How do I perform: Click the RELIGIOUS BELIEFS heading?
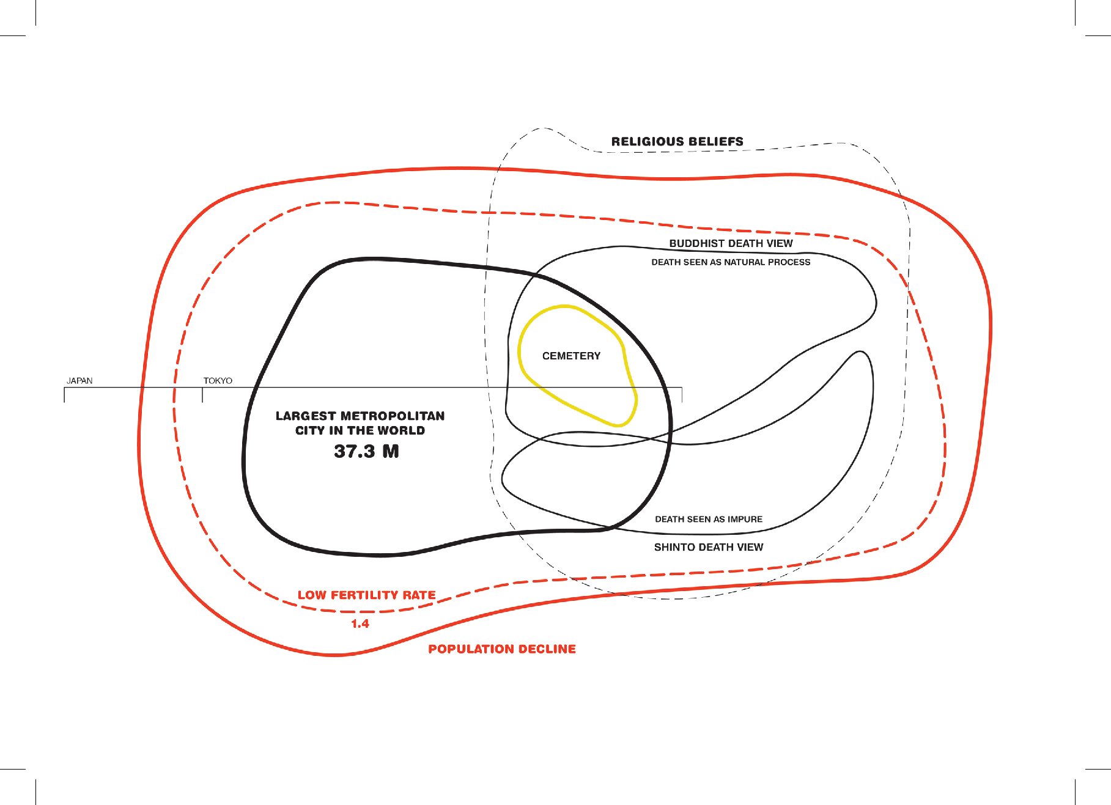[677, 142]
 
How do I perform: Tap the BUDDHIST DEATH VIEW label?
[731, 243]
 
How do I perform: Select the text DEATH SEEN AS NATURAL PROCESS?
[731, 262]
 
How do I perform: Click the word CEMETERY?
[571, 356]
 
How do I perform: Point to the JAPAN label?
[79, 381]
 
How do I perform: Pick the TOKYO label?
[218, 381]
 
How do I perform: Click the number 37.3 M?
[366, 452]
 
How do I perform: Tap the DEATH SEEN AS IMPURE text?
[709, 520]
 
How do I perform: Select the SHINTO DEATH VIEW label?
[709, 547]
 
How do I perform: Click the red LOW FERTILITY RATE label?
[366, 595]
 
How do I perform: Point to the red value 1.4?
[360, 624]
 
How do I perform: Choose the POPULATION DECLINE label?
[502, 649]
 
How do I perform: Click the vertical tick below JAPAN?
[64, 395]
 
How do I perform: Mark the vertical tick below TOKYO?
[202, 395]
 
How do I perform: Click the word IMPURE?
[745, 520]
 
